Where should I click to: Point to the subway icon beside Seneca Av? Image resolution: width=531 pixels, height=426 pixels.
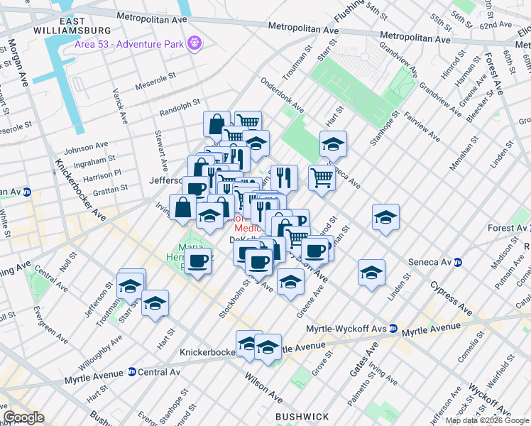click(x=458, y=262)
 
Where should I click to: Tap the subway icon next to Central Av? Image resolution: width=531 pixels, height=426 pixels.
click(x=131, y=372)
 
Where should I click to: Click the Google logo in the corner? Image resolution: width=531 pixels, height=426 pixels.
click(x=23, y=417)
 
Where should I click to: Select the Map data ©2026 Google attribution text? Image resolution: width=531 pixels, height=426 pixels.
click(x=487, y=420)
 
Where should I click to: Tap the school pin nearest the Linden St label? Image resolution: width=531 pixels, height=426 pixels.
click(x=371, y=273)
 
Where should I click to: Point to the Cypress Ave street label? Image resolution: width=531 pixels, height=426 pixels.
click(x=451, y=299)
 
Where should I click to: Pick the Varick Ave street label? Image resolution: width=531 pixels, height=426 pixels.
click(x=119, y=106)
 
